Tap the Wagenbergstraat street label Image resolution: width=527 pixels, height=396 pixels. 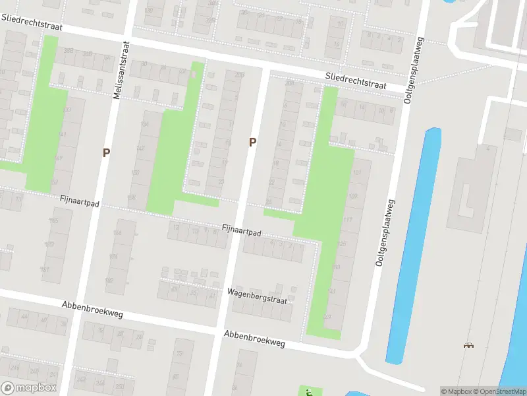258,296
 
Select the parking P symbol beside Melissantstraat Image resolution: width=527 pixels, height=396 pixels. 106,152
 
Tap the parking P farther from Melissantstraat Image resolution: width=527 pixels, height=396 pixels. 252,142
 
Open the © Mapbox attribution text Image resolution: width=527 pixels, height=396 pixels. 457,391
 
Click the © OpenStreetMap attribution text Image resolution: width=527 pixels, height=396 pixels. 501,391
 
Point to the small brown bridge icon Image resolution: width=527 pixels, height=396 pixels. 468,345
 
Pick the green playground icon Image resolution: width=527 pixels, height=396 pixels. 308,392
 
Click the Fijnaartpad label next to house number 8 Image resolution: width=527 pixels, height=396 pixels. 242,232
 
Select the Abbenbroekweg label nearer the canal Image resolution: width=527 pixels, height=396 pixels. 254,338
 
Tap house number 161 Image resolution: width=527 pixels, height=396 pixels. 45,269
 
